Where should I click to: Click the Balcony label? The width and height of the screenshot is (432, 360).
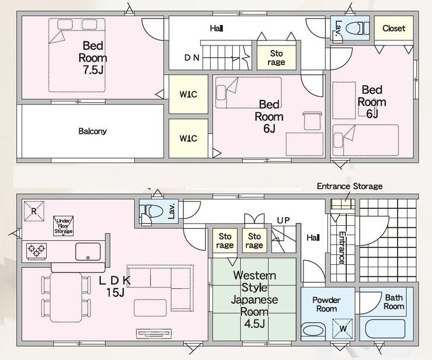coord(92,131)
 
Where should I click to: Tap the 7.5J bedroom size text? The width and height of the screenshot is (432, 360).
coord(93,70)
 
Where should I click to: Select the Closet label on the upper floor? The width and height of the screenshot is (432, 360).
coord(393,29)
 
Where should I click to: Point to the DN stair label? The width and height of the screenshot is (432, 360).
coord(191,58)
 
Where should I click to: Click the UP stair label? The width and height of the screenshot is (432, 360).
coord(284,221)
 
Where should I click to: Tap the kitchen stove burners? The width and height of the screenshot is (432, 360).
coord(36,251)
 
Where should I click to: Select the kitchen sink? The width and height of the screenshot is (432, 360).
coord(88,251)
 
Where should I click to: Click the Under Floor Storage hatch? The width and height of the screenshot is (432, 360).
coord(64,226)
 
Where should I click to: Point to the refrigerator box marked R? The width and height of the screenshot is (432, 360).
coord(34,211)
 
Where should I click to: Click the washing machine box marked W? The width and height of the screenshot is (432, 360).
coord(343,328)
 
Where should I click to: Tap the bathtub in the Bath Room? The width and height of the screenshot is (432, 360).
coord(385,329)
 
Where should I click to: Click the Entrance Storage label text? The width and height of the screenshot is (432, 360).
coord(350,186)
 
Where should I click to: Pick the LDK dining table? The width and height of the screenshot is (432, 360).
coord(66,298)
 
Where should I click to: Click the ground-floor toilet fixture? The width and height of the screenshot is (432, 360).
coord(151,212)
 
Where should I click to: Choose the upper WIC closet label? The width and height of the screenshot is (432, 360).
coord(189,95)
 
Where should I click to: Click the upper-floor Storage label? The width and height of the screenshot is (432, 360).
coord(276,58)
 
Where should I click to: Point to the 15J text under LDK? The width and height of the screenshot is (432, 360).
coord(116,292)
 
